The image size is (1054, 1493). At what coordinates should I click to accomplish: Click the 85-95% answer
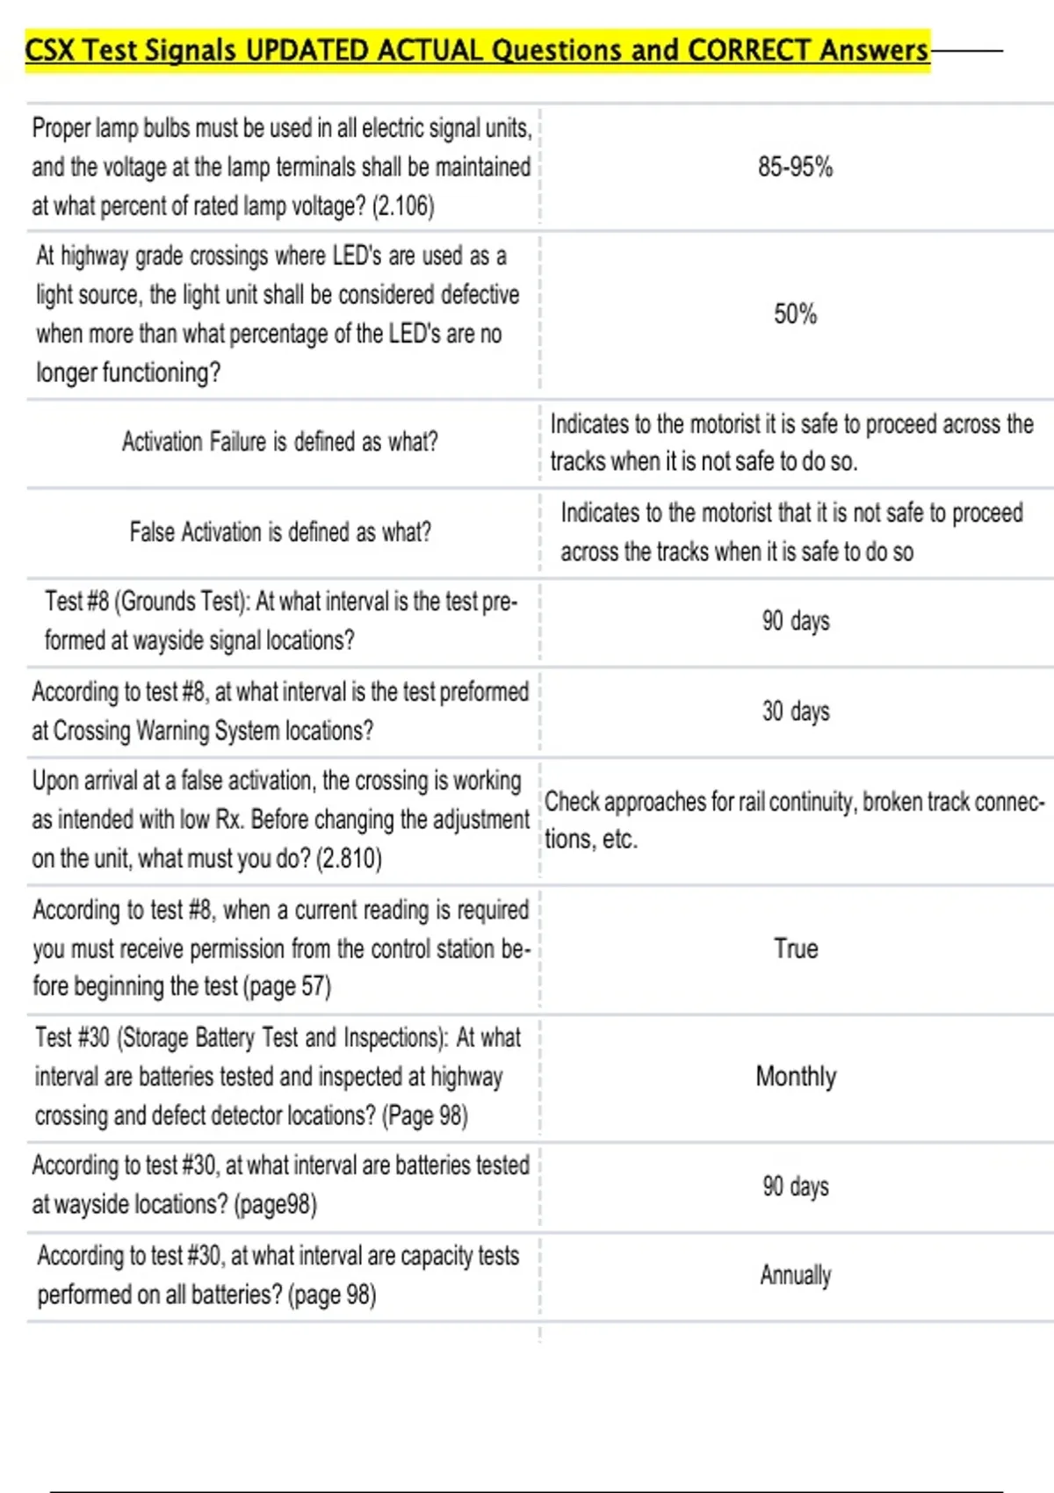[x=795, y=167]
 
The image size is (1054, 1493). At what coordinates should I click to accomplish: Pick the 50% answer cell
[x=795, y=314]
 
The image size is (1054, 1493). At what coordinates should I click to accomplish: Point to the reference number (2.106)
[x=403, y=206]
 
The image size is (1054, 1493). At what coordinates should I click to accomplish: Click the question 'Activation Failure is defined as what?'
[x=279, y=441]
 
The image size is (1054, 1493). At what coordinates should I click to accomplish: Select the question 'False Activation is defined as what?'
[x=279, y=531]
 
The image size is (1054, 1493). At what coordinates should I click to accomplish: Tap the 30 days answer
[x=795, y=710]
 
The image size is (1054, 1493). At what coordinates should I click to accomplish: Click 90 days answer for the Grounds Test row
[x=795, y=621]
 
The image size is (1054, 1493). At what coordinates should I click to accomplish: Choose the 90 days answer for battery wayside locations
[x=795, y=1186]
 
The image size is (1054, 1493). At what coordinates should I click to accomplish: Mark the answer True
[x=795, y=948]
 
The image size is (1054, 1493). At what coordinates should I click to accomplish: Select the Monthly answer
[x=795, y=1076]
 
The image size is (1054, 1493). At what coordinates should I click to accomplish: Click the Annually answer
[x=795, y=1275]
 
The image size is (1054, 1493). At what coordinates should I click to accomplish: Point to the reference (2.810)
[x=349, y=858]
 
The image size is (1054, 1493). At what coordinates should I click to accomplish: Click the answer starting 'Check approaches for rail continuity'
[x=793, y=819]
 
